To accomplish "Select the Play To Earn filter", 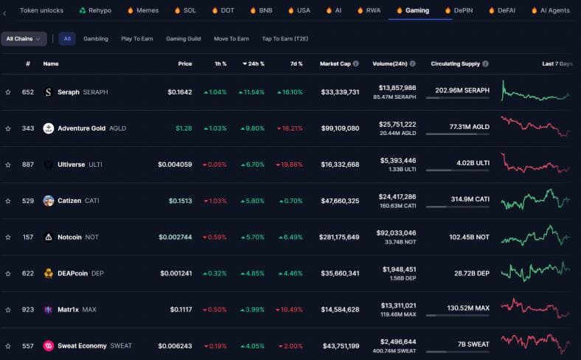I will pyautogui.click(x=136, y=38).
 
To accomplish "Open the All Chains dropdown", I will pyautogui.click(x=24, y=38).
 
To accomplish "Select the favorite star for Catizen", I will pyautogui.click(x=8, y=201).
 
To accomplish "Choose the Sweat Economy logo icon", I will pyautogui.click(x=49, y=345).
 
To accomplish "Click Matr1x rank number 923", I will pyautogui.click(x=28, y=309).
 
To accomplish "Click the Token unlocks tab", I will pyautogui.click(x=41, y=10).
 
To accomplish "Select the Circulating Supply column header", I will pyautogui.click(x=455, y=63).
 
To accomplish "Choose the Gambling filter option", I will pyautogui.click(x=96, y=38).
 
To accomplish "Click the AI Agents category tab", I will pyautogui.click(x=554, y=10).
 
